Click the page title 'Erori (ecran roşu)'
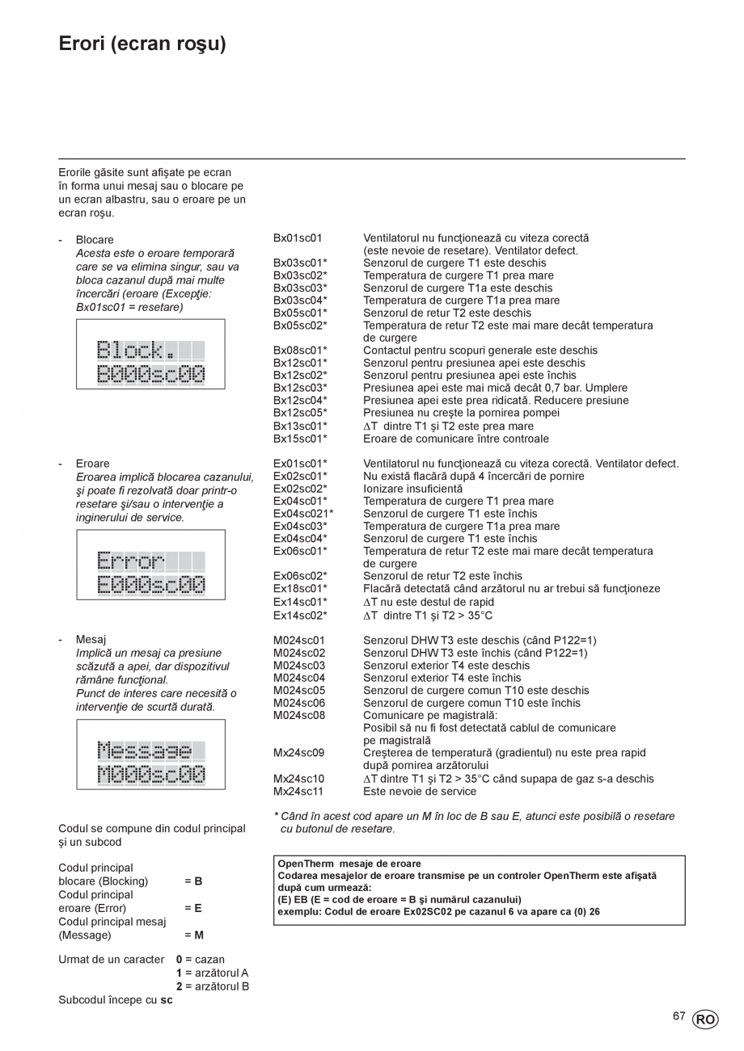[142, 44]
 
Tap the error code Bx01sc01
[298, 238]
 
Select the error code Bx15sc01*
[300, 439]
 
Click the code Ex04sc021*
[303, 514]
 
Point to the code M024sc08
[299, 716]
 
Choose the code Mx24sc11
[298, 792]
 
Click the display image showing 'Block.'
[150, 355]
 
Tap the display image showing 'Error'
[150, 565]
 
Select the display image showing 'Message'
[150, 755]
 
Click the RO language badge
[704, 1019]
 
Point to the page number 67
[679, 1016]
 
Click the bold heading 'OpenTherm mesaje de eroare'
[349, 864]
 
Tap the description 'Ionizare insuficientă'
[413, 489]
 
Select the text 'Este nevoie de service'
[420, 792]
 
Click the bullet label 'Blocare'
[95, 240]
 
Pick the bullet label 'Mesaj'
[91, 640]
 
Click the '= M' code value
[193, 935]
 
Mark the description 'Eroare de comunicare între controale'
[456, 439]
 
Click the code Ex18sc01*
[300, 589]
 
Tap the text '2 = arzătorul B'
[212, 986]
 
